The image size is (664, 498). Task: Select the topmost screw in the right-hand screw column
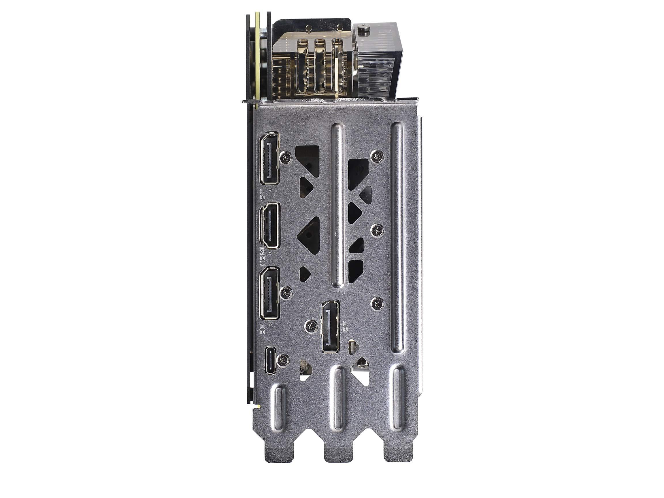tap(377, 156)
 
